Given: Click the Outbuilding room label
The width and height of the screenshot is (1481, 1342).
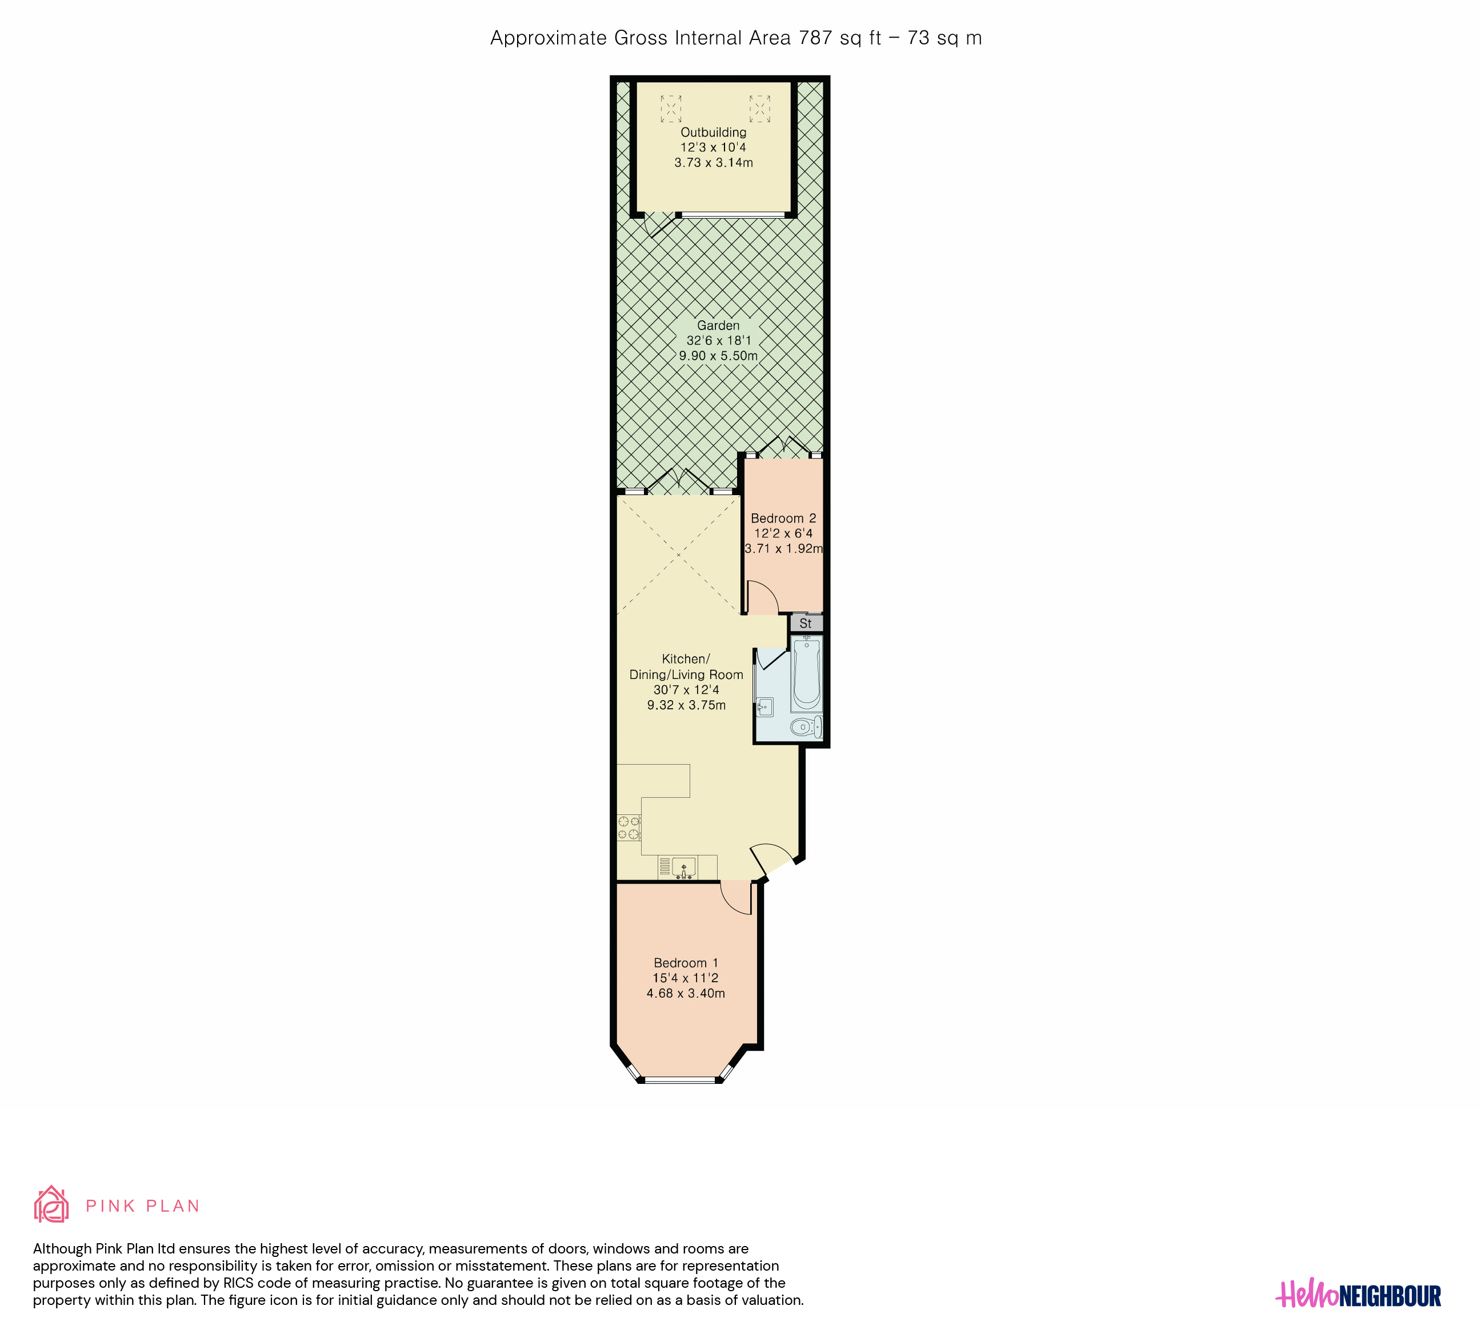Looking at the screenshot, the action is (713, 132).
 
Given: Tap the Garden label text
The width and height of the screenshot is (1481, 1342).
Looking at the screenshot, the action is (718, 326).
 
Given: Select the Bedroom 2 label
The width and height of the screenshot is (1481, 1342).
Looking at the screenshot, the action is (783, 519).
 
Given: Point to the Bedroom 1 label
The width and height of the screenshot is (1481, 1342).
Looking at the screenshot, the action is (686, 962).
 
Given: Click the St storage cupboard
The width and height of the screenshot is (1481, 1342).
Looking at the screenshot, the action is (806, 623).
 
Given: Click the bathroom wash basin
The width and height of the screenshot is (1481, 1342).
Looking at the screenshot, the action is (764, 708).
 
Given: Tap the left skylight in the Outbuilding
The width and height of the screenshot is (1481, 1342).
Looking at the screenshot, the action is (671, 109).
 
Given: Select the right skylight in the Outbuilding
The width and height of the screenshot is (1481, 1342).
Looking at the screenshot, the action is (759, 109).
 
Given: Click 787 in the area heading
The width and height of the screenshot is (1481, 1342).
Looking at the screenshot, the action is (815, 38).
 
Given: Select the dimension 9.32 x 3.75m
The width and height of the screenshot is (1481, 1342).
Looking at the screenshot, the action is (686, 705).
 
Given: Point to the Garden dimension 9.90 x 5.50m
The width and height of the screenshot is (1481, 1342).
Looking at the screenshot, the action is (718, 356).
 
